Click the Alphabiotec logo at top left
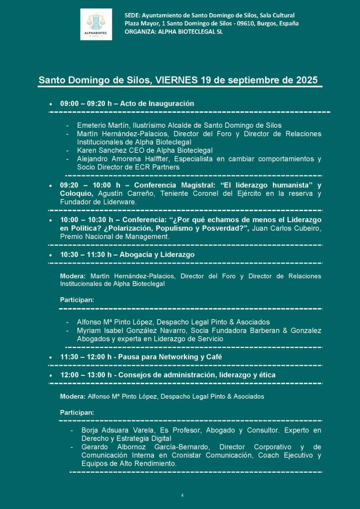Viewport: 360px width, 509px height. [96, 24]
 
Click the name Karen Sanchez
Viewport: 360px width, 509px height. [99, 150]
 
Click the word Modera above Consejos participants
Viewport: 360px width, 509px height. [72, 396]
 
